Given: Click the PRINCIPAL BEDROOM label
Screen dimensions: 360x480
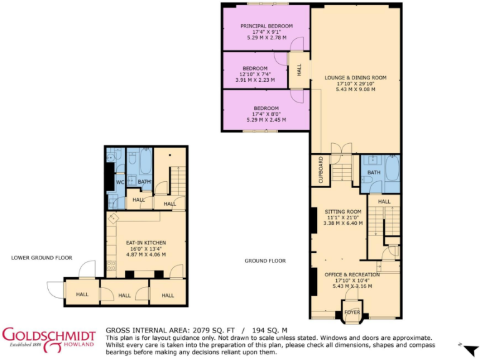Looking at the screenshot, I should (x=267, y=26).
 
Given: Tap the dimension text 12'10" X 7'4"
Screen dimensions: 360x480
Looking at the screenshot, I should (x=255, y=74).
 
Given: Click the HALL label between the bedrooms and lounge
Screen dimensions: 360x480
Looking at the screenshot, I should (x=299, y=71).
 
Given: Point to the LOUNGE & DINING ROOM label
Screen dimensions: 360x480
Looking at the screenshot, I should (x=355, y=78).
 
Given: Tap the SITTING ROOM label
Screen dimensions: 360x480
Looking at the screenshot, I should (x=342, y=212).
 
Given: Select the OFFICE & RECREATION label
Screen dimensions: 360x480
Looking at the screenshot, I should (x=352, y=275).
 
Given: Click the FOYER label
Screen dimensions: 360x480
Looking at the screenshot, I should (x=352, y=312).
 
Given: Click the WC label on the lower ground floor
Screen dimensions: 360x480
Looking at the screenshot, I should (x=120, y=182).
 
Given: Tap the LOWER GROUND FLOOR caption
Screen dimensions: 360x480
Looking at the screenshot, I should (x=41, y=257).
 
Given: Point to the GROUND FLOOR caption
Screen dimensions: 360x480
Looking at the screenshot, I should (x=266, y=261).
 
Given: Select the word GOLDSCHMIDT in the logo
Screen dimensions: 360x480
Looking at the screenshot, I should (x=49, y=336).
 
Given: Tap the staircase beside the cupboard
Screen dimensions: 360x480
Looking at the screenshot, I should (x=342, y=168).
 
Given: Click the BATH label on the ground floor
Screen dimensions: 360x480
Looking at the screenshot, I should (x=374, y=172).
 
